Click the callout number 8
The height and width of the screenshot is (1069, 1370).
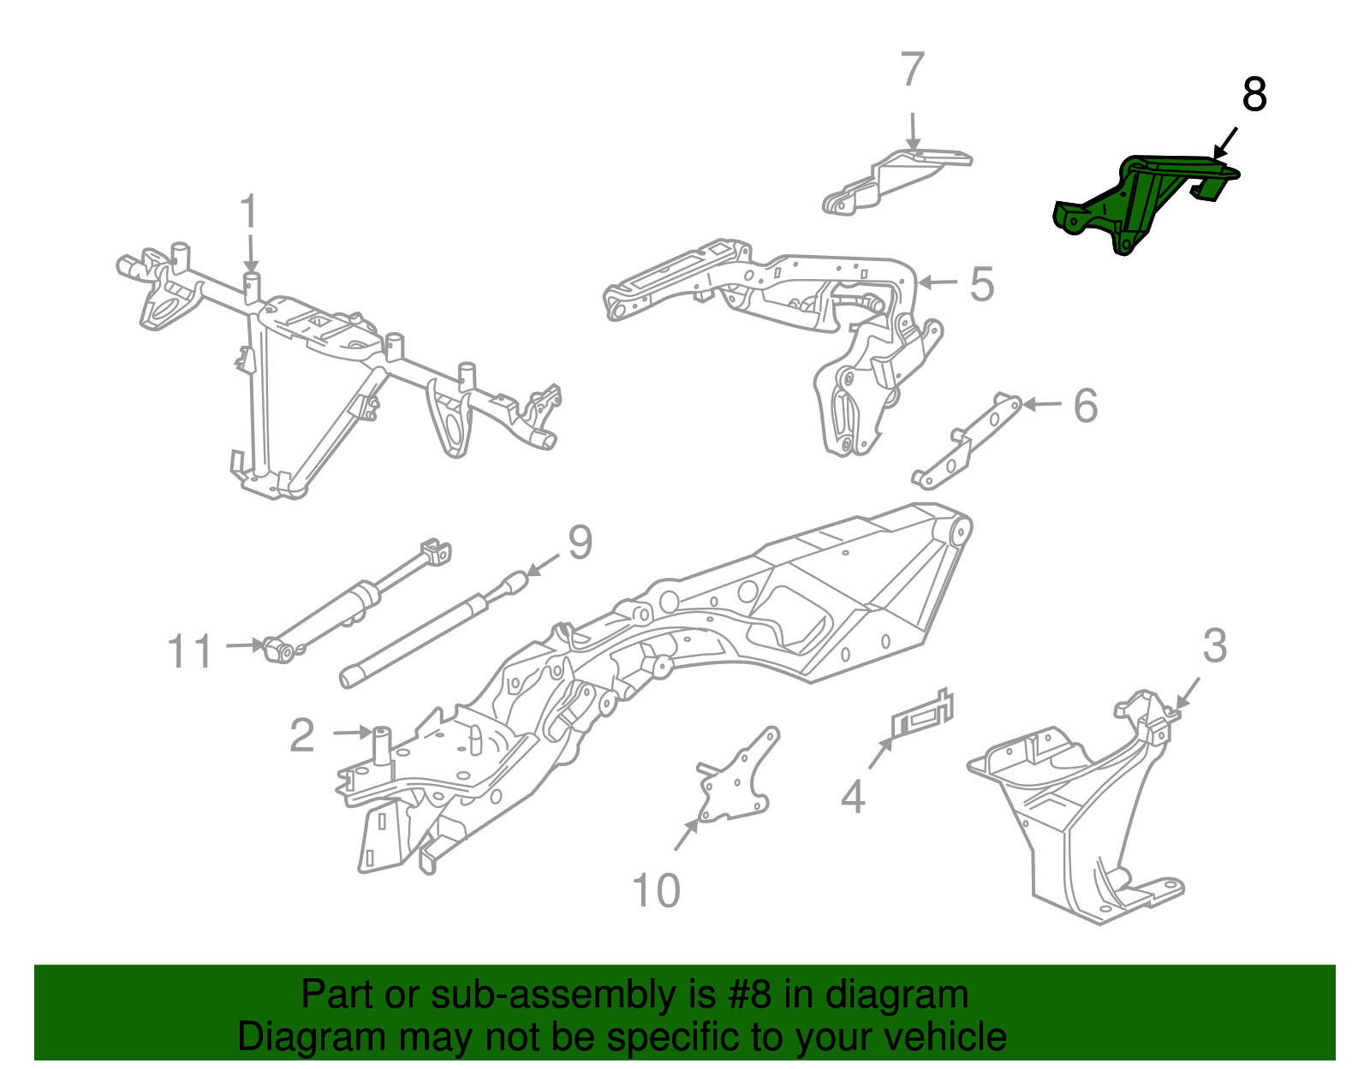[1254, 95]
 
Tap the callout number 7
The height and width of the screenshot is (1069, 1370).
[913, 70]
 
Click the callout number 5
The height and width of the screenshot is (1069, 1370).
[981, 284]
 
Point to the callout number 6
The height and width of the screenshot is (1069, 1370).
[1086, 406]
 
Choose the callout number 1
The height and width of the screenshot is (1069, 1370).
[248, 211]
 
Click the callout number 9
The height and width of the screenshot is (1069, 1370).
[580, 543]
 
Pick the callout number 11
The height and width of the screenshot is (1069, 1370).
[190, 652]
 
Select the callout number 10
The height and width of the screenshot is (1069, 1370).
[656, 891]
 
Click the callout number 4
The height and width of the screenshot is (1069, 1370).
[853, 798]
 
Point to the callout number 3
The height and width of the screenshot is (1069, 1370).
[1214, 647]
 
